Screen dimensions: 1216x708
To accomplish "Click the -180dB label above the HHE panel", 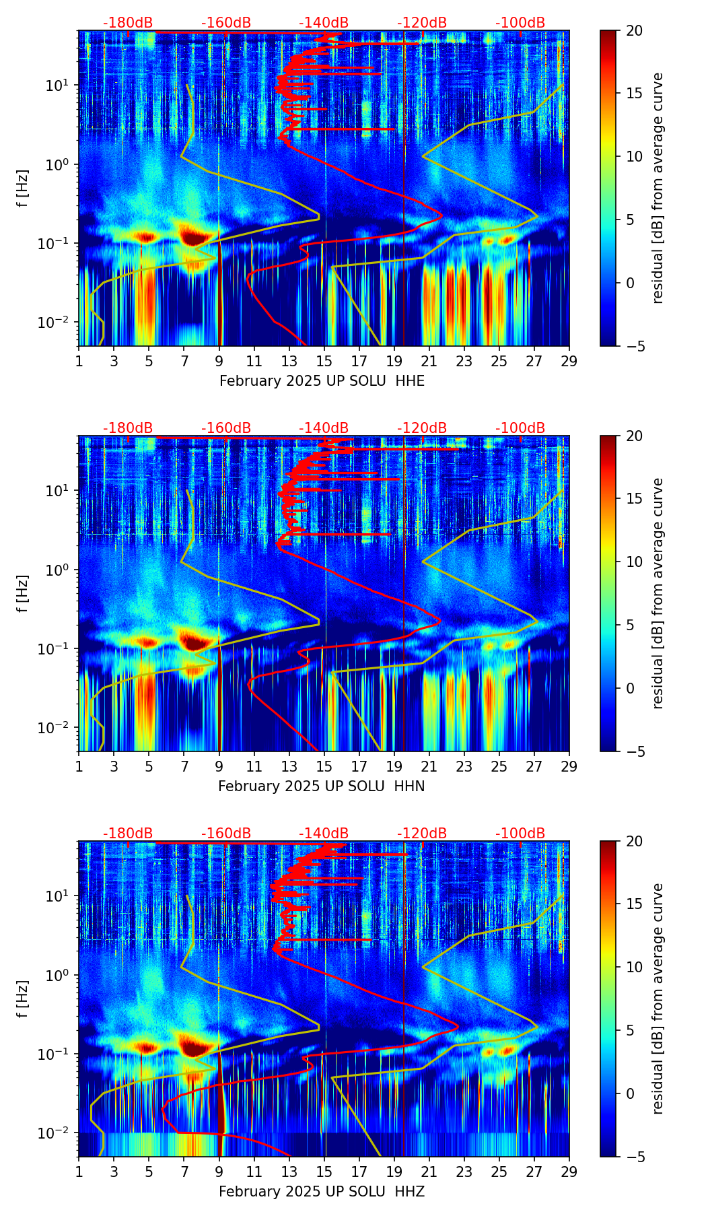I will (128, 23).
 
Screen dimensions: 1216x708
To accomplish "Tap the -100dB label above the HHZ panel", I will (520, 834).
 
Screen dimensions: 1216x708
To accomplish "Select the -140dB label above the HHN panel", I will (324, 428).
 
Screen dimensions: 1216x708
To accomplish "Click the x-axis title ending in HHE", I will (322, 381).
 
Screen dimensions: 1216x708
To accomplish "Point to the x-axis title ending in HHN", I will (322, 786).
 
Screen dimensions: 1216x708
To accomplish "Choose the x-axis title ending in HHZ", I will (322, 1192).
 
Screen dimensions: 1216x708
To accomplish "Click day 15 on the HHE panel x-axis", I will (324, 360).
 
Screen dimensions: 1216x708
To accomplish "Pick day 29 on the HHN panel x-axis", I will (569, 766).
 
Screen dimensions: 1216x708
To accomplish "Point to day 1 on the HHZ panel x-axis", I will (79, 1171).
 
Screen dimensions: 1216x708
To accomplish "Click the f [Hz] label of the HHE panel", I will (23, 189).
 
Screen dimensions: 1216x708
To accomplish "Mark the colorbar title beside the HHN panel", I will (658, 593).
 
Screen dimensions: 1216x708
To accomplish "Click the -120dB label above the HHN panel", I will (422, 428).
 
